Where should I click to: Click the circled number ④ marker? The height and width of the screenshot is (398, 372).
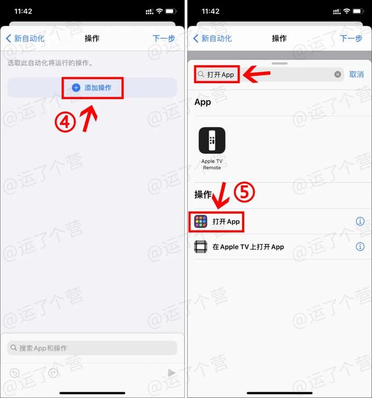pos(65,122)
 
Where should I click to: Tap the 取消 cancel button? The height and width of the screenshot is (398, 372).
pos(356,74)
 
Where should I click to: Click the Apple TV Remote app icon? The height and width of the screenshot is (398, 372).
pos(212,140)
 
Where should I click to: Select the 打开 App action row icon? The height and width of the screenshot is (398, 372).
pos(201,222)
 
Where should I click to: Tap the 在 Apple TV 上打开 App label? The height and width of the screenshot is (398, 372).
pos(248,247)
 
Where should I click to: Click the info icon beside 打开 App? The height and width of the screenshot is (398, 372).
pos(360,222)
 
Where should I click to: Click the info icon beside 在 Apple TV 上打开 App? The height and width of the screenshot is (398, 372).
pos(360,247)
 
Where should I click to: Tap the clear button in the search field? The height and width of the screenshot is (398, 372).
pos(338,74)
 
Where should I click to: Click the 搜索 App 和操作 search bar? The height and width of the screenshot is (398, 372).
pos(92,348)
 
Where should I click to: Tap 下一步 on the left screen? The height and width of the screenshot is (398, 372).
pos(163,38)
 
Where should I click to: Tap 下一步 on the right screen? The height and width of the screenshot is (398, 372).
pos(350,38)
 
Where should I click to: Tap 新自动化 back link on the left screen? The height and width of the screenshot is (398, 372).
pos(25,38)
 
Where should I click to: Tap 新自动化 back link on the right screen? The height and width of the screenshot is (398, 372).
pos(212,38)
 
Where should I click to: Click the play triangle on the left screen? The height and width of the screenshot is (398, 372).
pos(171,373)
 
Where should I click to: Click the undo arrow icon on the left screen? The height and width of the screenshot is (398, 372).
pos(15,373)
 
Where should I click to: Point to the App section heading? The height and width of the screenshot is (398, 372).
pos(203,102)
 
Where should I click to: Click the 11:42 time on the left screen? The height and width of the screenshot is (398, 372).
pos(24,12)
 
